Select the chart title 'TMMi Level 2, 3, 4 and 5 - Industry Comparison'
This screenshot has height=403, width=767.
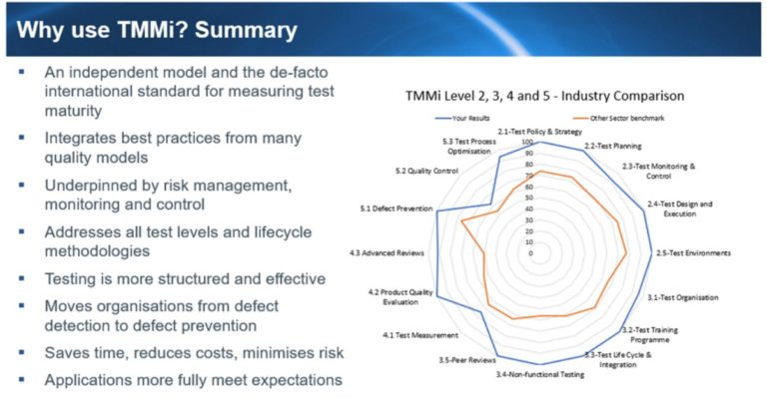(x=544, y=96)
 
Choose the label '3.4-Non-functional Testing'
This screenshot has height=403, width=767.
(x=540, y=374)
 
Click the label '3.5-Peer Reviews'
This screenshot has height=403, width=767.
(x=464, y=359)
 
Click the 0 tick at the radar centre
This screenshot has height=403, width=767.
(x=530, y=253)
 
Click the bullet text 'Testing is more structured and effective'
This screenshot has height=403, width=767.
(x=185, y=278)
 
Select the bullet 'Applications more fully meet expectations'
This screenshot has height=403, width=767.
(x=193, y=379)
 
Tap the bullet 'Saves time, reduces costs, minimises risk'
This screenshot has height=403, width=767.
(x=194, y=352)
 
